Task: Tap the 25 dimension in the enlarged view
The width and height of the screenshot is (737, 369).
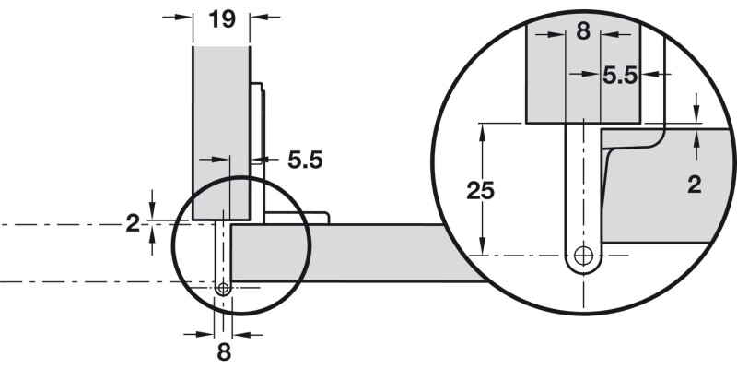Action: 479,191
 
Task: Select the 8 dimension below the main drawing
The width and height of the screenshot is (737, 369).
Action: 224,351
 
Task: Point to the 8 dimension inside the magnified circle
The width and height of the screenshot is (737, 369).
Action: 581,30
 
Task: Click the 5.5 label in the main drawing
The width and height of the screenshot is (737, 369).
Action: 305,161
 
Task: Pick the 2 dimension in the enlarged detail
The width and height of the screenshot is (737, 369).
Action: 695,184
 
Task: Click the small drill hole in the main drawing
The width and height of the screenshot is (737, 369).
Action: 223,288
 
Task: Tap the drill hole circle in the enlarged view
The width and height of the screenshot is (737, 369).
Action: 582,256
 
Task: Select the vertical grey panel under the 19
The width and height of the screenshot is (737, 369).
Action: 221,120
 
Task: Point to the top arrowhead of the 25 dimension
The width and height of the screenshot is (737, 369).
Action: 482,129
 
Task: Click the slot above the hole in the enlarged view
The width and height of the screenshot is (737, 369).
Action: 582,184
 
